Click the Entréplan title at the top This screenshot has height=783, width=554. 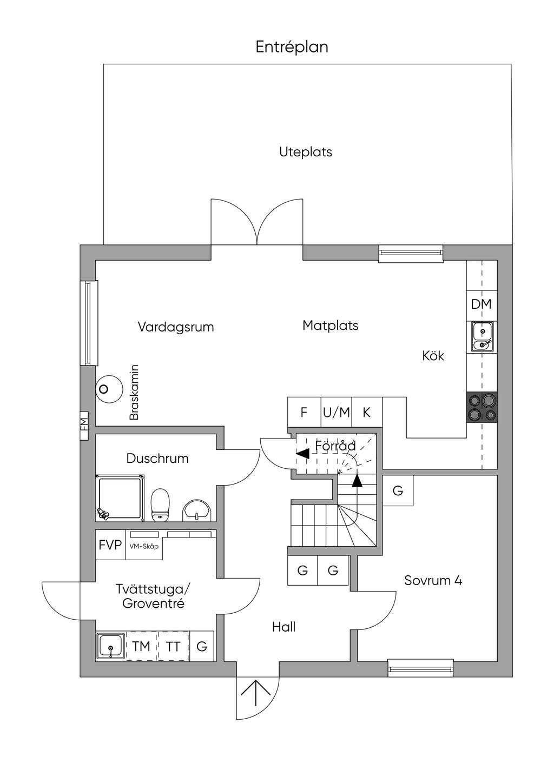(x=292, y=47)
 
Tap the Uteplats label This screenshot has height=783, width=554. (x=305, y=152)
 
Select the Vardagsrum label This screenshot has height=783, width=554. (x=176, y=327)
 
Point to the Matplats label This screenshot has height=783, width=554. (x=331, y=326)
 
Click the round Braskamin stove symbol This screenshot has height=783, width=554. (x=109, y=389)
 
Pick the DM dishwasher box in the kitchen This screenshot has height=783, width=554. (x=482, y=304)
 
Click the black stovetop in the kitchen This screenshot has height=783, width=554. (x=482, y=407)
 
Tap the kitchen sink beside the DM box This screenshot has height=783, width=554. (x=482, y=336)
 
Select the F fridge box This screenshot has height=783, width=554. (x=304, y=413)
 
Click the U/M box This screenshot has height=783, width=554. (x=337, y=413)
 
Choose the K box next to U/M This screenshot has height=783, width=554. (x=367, y=413)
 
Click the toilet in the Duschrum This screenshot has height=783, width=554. (x=160, y=505)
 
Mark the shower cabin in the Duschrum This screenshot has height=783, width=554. (x=120, y=498)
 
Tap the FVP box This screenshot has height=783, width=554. (x=110, y=545)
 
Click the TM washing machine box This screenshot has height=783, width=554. (x=142, y=646)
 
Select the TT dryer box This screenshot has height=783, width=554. (x=173, y=646)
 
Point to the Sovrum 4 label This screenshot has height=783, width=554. (x=433, y=581)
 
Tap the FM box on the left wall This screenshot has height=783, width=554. (x=84, y=426)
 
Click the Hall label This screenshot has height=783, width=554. (x=283, y=627)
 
